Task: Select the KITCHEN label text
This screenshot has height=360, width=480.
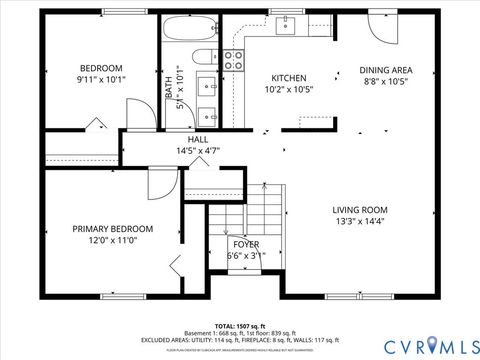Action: coord(289,78)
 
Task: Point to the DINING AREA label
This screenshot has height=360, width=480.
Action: coord(386,70)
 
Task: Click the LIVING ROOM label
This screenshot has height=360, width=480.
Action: coord(362,210)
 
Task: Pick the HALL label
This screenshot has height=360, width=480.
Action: coord(184,139)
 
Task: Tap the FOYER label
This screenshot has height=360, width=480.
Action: coord(245,243)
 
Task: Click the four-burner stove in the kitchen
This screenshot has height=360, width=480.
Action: coord(233,59)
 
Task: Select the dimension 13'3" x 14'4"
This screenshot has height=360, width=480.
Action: coord(362,223)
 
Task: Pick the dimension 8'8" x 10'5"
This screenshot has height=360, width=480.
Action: coord(386,83)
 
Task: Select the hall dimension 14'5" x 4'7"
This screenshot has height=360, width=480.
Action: coord(184,151)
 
